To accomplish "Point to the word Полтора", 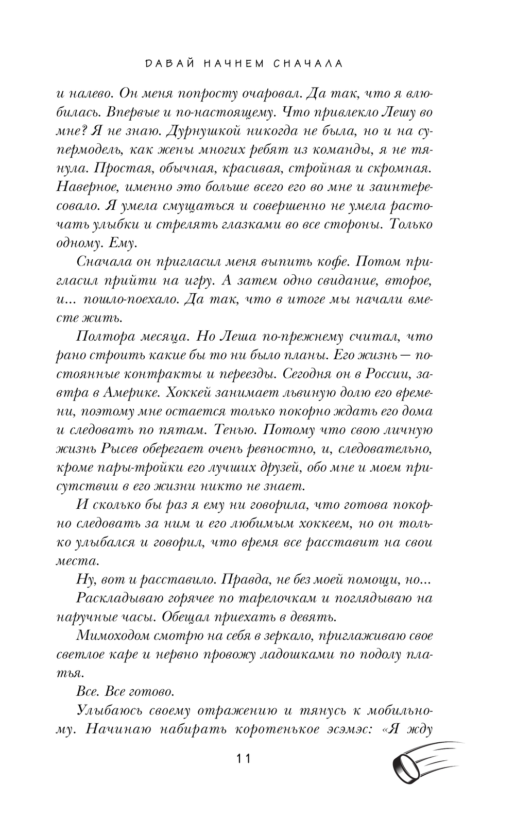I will coord(105,337).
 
